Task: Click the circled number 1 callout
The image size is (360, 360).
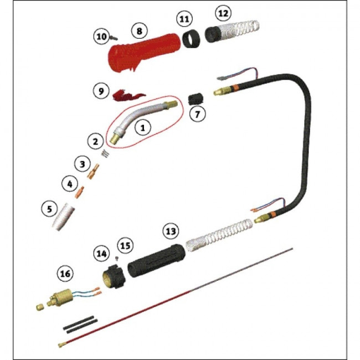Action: click(143, 127)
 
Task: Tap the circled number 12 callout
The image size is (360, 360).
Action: click(223, 13)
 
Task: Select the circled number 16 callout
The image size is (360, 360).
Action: click(65, 274)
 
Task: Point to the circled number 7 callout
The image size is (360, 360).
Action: click(198, 114)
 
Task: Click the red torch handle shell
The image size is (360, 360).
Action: click(143, 53)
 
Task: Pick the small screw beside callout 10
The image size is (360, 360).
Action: click(114, 38)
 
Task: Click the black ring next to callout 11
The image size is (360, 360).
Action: click(191, 39)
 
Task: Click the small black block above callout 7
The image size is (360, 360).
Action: click(196, 99)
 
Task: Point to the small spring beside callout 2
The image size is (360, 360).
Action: click(106, 153)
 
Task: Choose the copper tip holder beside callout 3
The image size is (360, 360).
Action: click(94, 171)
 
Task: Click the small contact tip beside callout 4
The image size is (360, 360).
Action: click(80, 192)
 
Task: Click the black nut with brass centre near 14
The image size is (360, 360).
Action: click(114, 276)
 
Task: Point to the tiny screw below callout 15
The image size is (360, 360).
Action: click(117, 259)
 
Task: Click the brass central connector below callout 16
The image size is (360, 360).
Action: click(60, 298)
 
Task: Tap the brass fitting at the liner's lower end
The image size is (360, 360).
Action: click(61, 344)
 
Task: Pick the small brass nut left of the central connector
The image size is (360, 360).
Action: click(40, 307)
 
